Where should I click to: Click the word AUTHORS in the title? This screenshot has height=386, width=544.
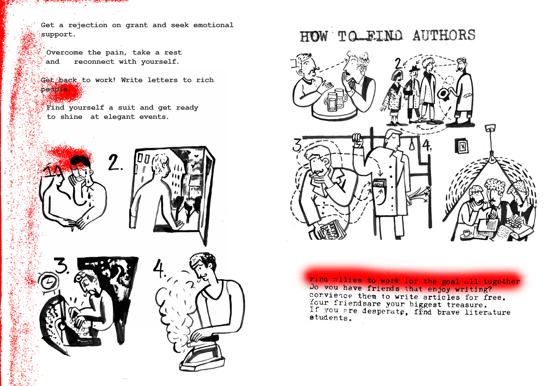click(444, 35)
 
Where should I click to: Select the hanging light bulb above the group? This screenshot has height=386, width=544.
click(492, 157)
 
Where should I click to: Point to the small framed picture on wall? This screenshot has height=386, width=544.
click(462, 146)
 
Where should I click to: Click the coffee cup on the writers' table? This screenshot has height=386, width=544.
click(467, 233)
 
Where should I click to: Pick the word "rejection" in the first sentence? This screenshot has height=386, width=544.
click(88, 25)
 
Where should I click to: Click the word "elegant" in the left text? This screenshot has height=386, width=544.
click(119, 117)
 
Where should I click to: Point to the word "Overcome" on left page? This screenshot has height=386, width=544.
click(64, 52)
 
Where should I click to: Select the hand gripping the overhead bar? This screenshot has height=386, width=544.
click(357, 140)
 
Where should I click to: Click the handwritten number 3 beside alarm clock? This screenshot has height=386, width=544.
click(61, 265)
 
